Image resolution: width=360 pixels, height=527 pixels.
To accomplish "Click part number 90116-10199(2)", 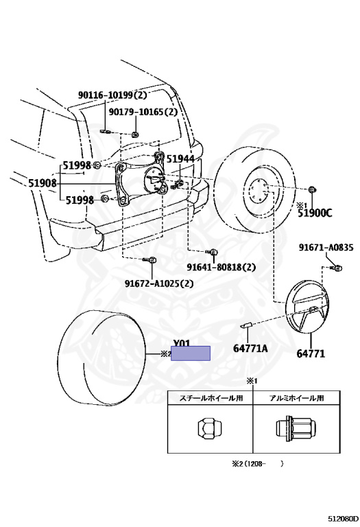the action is [112, 95].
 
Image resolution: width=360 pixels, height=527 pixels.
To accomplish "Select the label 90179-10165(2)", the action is [143, 112].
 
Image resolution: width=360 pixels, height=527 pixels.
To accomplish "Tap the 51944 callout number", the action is [180, 159].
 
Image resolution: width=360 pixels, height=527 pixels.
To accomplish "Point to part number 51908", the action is [43, 183].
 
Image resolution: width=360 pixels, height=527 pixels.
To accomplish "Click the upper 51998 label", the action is [77, 165].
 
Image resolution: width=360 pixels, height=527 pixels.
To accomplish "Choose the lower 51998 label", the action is [80, 200].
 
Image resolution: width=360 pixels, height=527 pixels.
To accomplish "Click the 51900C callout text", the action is [315, 213].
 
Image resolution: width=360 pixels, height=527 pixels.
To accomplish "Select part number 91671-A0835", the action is [326, 247].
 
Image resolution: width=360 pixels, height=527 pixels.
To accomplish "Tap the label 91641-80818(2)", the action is [221, 267].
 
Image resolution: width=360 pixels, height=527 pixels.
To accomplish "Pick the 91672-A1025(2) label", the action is [159, 283].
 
